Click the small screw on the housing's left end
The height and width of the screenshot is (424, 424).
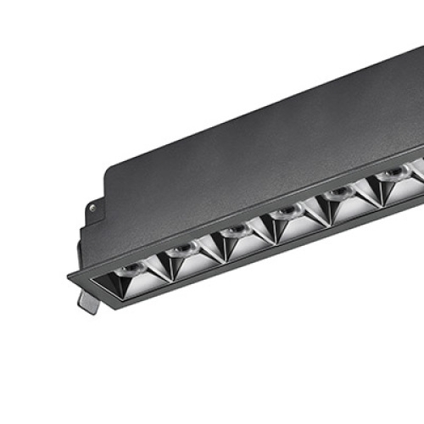pyautogui.click(x=91, y=206)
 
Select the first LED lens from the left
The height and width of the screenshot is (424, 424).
pyautogui.click(x=129, y=270)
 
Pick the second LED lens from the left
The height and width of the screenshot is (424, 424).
pyautogui.click(x=181, y=249)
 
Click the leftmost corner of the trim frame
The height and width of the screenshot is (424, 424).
pyautogui.click(x=69, y=276)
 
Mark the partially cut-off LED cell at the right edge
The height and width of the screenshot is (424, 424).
pyautogui.click(x=417, y=167)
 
